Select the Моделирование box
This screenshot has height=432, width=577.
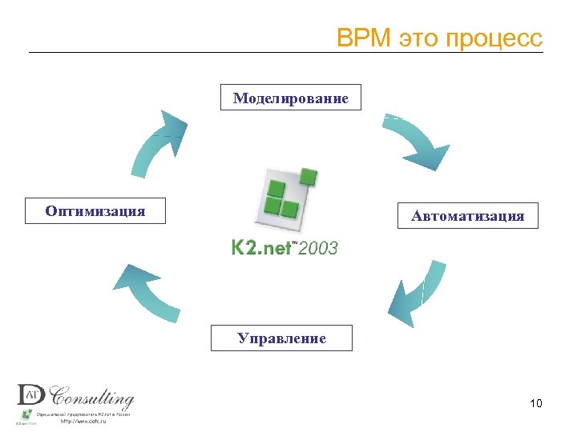[291, 98]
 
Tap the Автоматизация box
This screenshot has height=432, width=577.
[468, 216]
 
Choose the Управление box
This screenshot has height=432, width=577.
[281, 338]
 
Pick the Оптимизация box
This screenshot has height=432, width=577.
[95, 211]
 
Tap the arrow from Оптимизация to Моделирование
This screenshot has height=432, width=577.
[157, 143]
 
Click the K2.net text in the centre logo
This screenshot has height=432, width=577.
[260, 248]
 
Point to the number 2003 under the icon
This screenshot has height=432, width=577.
[318, 248]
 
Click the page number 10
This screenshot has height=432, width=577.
[536, 403]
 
